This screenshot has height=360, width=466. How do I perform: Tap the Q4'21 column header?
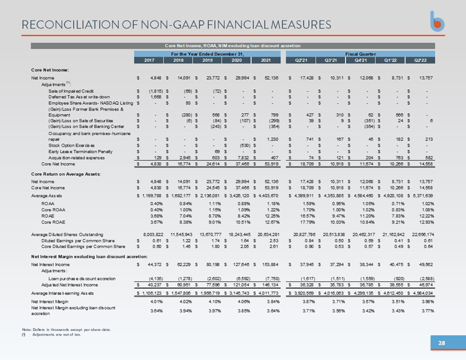click(361, 60)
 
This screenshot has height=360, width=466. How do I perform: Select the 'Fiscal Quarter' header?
click(362, 53)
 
